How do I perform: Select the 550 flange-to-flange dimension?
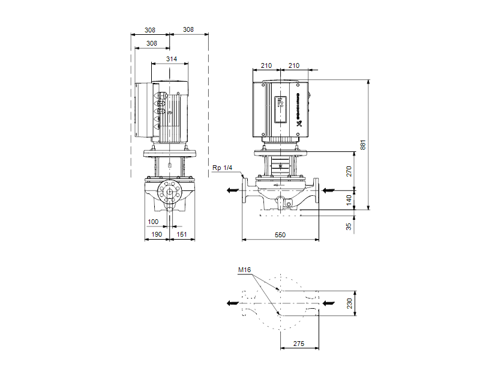click(x=280, y=235)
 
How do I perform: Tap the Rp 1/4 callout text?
click(x=221, y=168)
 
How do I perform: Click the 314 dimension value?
click(x=171, y=59)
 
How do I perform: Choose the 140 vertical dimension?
click(x=350, y=199)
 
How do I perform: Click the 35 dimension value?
click(x=350, y=226)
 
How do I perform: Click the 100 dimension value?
click(x=153, y=222)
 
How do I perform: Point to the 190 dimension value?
click(x=156, y=235)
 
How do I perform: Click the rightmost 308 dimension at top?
click(x=188, y=29)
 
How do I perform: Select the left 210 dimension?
click(x=266, y=65)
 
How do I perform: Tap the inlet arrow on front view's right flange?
click(x=329, y=191)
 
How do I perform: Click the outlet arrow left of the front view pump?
click(x=231, y=191)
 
